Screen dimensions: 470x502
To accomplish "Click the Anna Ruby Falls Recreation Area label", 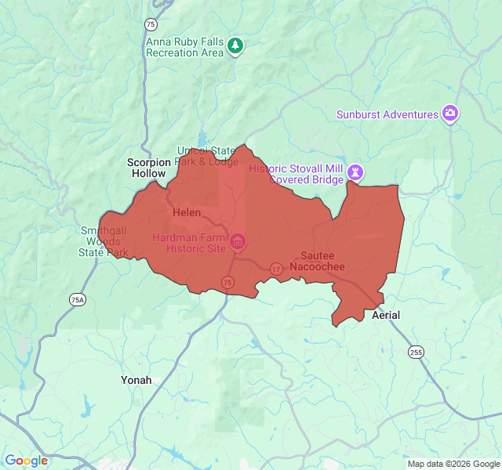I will click(x=185, y=46).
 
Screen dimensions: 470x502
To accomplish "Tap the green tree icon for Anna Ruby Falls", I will click(x=235, y=47).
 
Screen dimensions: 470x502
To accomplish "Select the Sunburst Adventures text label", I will click(x=387, y=114).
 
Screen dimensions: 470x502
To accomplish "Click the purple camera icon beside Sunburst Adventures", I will click(x=450, y=114).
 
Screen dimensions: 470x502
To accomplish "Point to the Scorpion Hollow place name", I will click(x=148, y=168).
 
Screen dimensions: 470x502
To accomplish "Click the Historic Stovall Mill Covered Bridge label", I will click(x=296, y=174).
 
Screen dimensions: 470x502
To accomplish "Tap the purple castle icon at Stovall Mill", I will click(x=357, y=171).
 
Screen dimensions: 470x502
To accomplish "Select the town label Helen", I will click(x=186, y=213).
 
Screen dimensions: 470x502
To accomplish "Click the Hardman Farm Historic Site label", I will click(x=189, y=243).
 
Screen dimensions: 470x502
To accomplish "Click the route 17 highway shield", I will click(x=276, y=269).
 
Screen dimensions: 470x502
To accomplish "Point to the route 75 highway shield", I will click(x=227, y=282).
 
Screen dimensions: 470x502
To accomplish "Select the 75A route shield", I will click(x=77, y=299).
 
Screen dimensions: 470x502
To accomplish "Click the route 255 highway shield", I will click(x=416, y=352).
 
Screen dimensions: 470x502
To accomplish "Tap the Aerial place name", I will click(x=385, y=315).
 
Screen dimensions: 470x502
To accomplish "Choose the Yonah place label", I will click(x=136, y=380).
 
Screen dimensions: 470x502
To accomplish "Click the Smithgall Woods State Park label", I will click(x=104, y=242).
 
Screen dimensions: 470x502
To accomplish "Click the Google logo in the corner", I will click(x=26, y=461).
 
